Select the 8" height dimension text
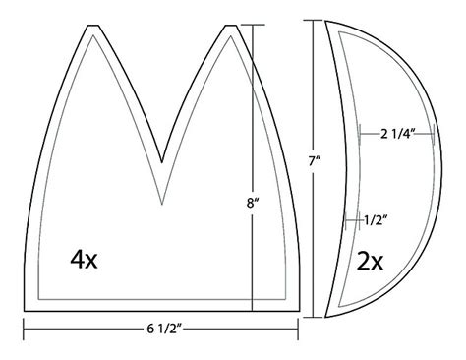coord(254,205)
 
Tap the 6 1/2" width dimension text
coord(162,328)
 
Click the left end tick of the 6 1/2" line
coord(24,328)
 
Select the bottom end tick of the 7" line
coord(317,317)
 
